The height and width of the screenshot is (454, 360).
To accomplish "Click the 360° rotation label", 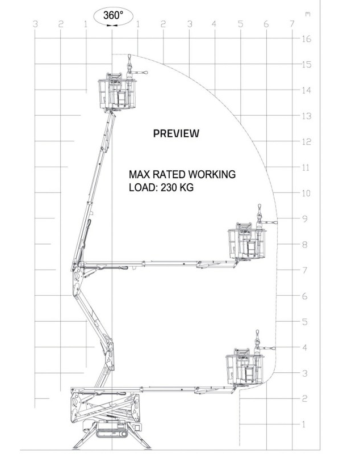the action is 113,15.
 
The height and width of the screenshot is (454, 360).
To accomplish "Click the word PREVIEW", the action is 176,133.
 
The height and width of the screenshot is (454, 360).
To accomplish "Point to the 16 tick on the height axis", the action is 307,39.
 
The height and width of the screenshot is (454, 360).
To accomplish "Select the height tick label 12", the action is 307,141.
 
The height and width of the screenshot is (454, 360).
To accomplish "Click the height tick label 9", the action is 305,218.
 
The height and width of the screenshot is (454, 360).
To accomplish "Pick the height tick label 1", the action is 304,424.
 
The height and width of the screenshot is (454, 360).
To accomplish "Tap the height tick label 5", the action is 305,322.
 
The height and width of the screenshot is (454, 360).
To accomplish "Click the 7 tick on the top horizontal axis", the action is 292,24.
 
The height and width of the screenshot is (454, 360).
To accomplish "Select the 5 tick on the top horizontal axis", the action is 241,24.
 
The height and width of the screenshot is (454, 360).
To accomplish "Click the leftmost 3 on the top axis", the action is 35,24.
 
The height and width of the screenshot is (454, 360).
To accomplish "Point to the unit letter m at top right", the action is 308,14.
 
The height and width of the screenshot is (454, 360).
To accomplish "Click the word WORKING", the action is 212,175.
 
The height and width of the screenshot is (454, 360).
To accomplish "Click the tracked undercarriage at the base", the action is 112,429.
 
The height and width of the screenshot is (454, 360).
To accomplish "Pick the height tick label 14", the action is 307,90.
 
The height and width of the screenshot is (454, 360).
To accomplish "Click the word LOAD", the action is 143,187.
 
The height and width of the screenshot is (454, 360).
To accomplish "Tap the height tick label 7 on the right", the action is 305,270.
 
